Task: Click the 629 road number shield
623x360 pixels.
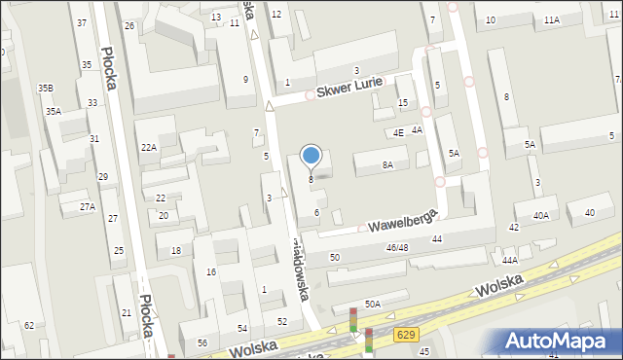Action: pyautogui.click(x=408, y=335)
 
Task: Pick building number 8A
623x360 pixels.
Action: pyautogui.click(x=387, y=165)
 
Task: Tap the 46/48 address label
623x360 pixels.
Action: pyautogui.click(x=397, y=249)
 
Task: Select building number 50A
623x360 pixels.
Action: pyautogui.click(x=373, y=305)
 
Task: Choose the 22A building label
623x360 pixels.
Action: pyautogui.click(x=148, y=147)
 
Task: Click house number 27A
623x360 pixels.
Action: pyautogui.click(x=88, y=207)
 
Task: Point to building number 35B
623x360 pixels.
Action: pyautogui.click(x=46, y=89)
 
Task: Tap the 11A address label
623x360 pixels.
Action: pyautogui.click(x=552, y=20)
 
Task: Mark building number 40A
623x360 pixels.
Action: pyautogui.click(x=540, y=215)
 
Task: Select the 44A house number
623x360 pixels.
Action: pyautogui.click(x=509, y=260)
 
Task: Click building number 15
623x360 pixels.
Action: pyautogui.click(x=403, y=104)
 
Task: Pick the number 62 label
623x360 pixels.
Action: pyautogui.click(x=29, y=325)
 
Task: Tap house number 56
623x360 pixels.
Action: pyautogui.click(x=202, y=343)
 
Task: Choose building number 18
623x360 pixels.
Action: pyautogui.click(x=176, y=251)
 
